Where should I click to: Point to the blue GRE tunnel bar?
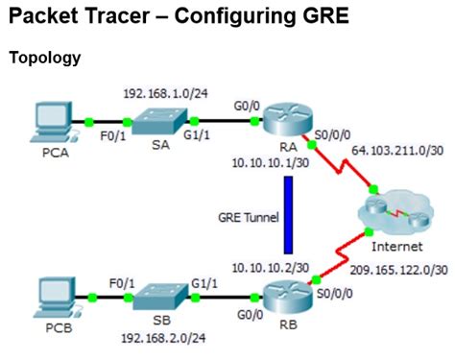pos(285,218)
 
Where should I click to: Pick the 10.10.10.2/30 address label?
pos(271,265)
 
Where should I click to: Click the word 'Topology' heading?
pos(44,58)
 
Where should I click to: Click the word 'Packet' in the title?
pos(49,17)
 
